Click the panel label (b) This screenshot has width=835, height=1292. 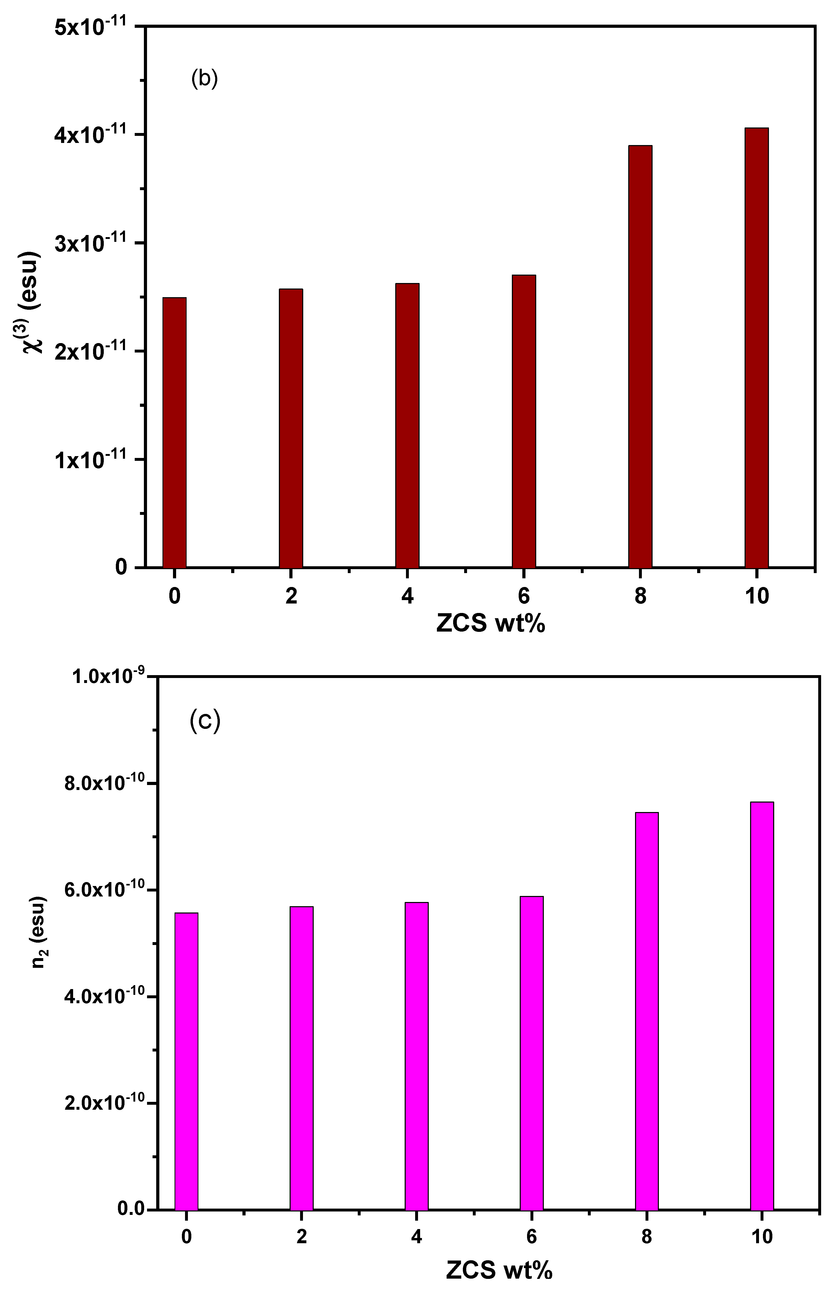tap(204, 79)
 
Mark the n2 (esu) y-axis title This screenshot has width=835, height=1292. tap(38, 947)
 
